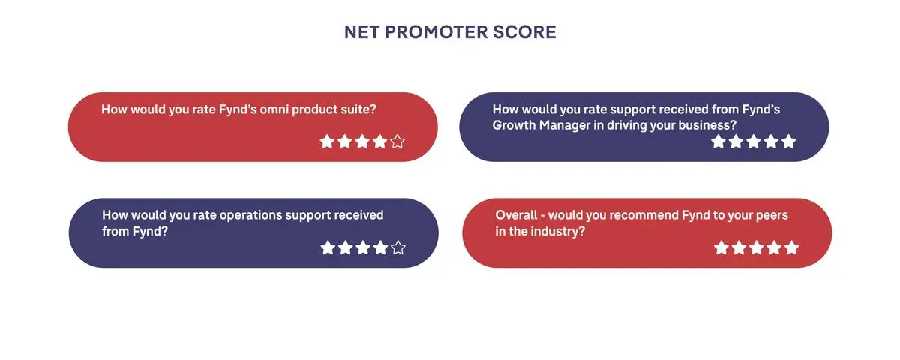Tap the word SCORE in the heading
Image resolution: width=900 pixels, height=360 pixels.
click(524, 32)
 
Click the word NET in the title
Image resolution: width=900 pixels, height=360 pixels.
click(361, 32)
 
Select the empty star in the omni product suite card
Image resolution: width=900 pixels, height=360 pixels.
click(397, 142)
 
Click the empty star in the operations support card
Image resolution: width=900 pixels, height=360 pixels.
click(398, 247)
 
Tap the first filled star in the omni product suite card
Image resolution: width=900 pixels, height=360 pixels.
click(327, 142)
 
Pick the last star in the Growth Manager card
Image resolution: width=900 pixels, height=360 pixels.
click(789, 142)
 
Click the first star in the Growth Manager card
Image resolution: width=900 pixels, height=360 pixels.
click(718, 142)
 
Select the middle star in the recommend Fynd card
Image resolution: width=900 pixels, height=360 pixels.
click(757, 247)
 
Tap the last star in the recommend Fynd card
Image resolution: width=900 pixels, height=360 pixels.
click(791, 247)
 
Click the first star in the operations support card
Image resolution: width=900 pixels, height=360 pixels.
click(328, 247)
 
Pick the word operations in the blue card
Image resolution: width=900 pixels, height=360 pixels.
click(251, 216)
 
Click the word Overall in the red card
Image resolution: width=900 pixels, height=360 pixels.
click(516, 215)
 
